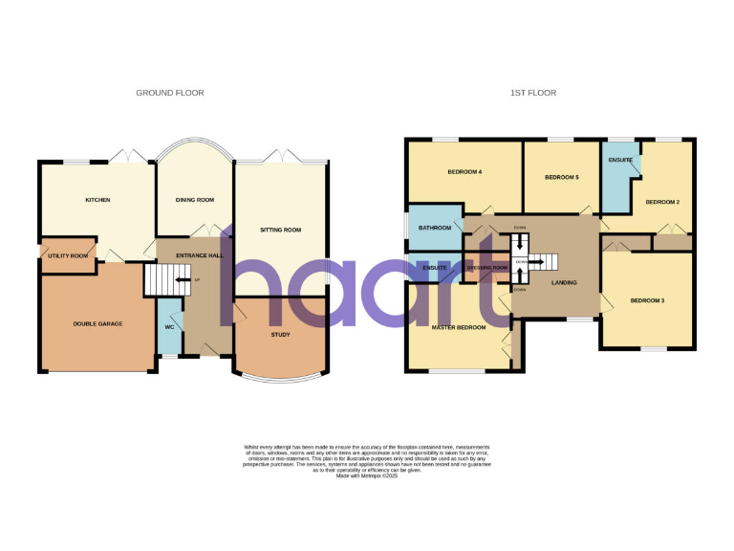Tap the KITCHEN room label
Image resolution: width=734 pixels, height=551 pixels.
point(97,200)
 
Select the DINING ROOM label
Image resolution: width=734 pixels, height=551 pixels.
point(194,200)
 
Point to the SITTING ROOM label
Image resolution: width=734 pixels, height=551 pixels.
point(280,231)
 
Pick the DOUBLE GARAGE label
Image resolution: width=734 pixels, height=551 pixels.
point(97,324)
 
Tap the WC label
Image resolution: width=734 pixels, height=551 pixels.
point(169,327)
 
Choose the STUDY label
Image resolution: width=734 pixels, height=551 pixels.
point(281,334)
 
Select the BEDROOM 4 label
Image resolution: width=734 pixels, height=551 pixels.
point(464,172)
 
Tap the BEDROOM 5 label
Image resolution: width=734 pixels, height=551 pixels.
point(562,178)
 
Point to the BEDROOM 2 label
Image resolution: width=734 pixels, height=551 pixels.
point(662,202)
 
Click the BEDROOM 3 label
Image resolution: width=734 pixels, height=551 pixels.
point(647,301)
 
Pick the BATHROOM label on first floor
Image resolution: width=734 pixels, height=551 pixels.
point(434,228)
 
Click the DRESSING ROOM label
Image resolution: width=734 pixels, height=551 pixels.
point(487,268)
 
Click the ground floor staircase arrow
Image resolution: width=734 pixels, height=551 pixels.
point(181,280)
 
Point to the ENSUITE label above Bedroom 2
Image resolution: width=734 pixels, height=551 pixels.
point(619,160)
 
